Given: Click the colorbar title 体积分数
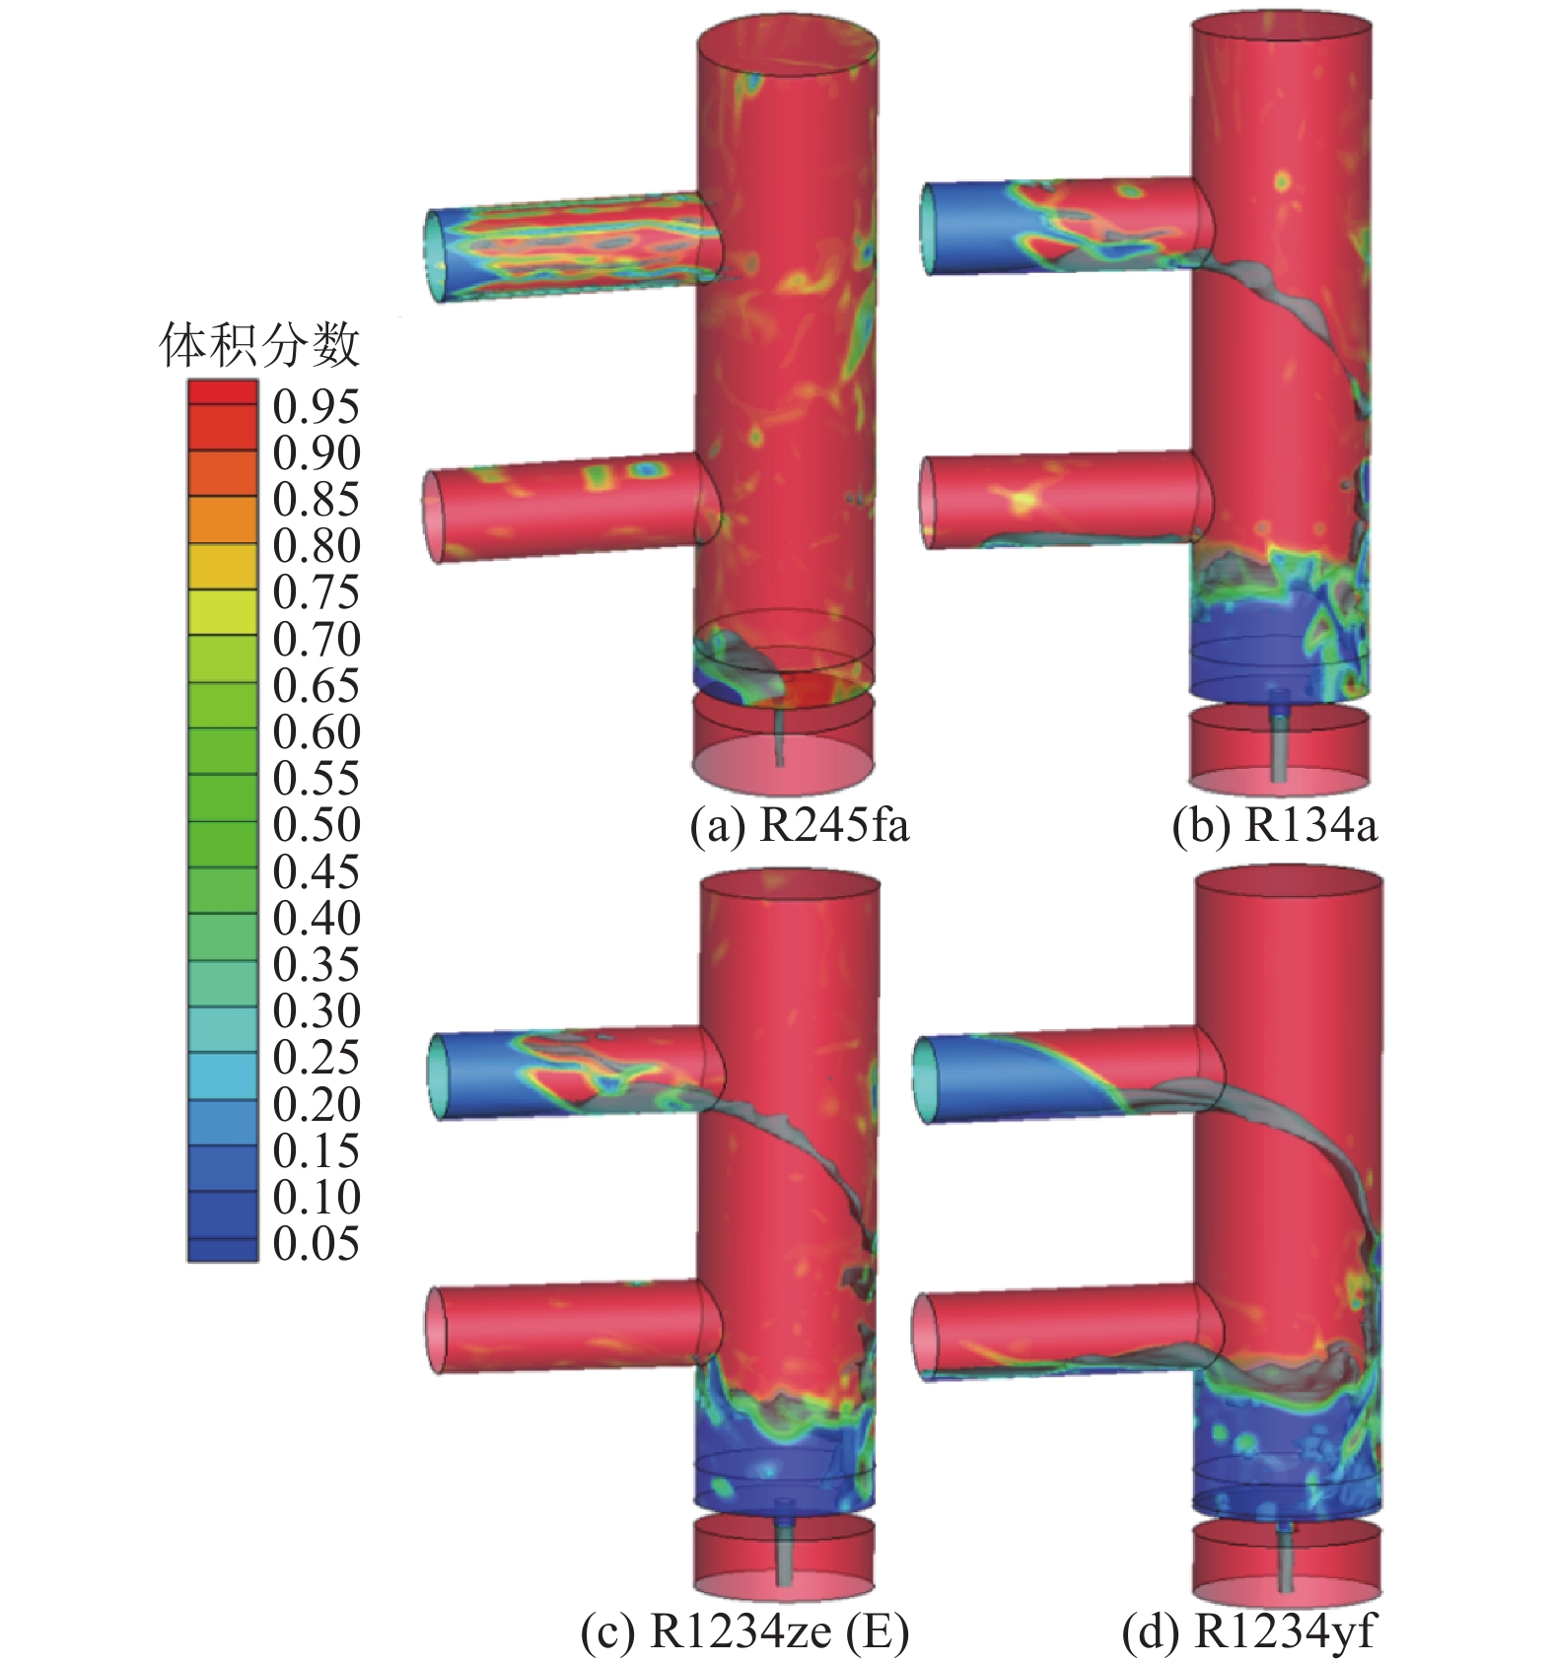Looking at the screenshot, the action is coord(259,346).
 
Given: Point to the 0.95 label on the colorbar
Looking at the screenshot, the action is coord(317,406).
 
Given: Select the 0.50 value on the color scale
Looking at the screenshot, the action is coord(317,825).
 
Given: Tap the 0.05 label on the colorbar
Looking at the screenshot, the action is coord(317,1244).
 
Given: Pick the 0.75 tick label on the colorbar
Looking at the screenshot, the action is coord(317,592).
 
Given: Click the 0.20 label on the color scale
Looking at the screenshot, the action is coord(317,1104).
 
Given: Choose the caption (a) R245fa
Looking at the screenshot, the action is coord(799,826).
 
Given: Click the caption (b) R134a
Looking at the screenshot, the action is coord(1273,826).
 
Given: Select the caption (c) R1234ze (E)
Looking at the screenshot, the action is coord(744,1632).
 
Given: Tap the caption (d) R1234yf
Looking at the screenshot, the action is coord(1247,1632).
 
